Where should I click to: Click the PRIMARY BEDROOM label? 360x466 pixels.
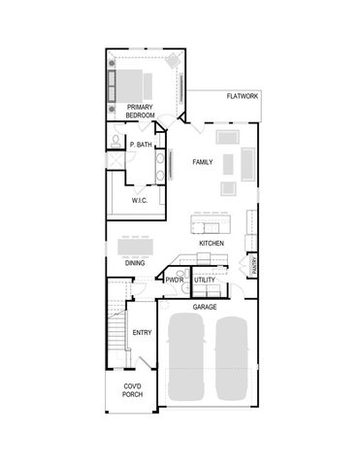click(x=141, y=111)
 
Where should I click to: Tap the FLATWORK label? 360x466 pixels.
click(x=242, y=96)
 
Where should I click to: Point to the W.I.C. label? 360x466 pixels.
click(x=140, y=200)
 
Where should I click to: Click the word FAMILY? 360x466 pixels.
click(x=202, y=161)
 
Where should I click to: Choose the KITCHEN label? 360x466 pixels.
click(x=213, y=243)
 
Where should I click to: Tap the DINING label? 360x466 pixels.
click(x=136, y=263)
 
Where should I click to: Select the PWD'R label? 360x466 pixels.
click(x=175, y=281)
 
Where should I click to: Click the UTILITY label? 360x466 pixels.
click(x=205, y=281)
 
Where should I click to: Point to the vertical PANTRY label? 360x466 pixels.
click(x=252, y=266)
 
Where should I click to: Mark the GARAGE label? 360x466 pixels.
click(x=205, y=307)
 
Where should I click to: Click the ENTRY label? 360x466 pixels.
click(x=143, y=333)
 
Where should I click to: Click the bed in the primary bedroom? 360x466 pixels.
click(x=146, y=80)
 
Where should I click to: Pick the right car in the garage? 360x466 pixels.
click(x=234, y=359)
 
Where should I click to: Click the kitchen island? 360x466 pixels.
click(x=213, y=226)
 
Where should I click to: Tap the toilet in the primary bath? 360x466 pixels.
click(x=115, y=143)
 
